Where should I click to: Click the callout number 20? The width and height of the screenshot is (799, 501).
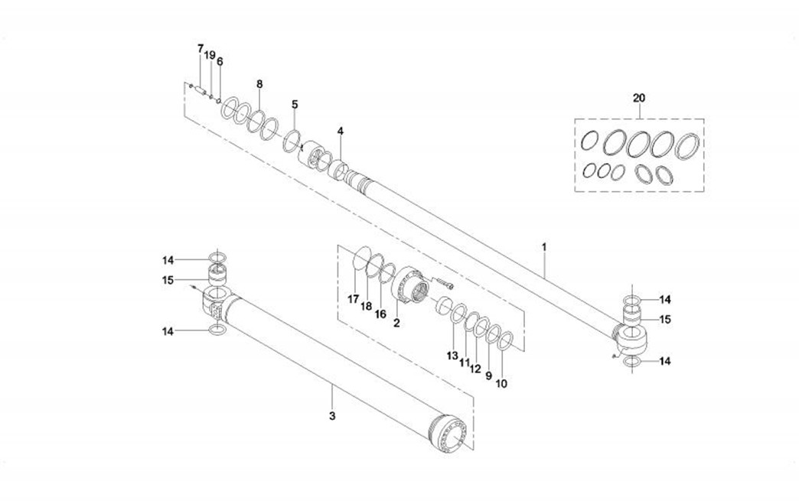pos(639,98)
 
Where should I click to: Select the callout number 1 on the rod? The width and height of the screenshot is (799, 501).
pos(544,247)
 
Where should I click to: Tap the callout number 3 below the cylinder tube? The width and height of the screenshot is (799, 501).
pos(331,416)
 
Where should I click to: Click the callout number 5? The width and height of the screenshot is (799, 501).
pos(295,104)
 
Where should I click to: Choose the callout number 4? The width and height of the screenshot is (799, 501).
pos(340,131)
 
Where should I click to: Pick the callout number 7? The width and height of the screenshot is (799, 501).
pos(201,49)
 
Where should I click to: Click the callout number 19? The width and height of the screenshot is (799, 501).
pos(210,55)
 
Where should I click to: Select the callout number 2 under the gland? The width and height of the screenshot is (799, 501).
pos(396,324)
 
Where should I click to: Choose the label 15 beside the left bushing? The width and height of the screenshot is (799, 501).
pos(168,280)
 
